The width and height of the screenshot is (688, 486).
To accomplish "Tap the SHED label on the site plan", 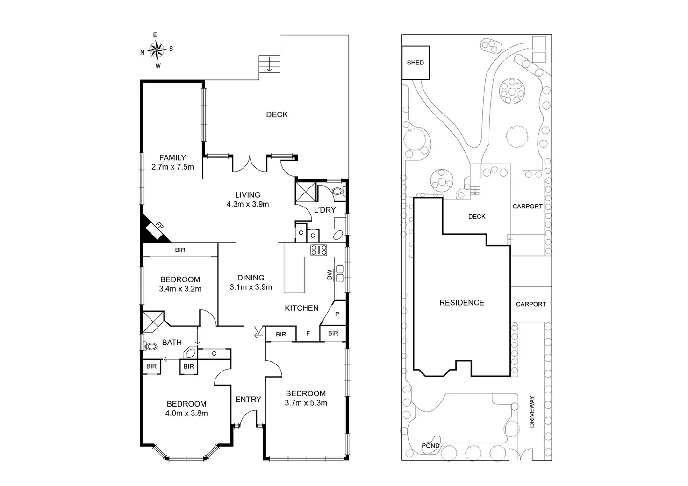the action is (x=415, y=63).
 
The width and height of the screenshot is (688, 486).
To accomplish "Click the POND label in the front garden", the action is (x=430, y=446).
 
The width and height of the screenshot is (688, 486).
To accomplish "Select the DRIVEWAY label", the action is (x=531, y=412).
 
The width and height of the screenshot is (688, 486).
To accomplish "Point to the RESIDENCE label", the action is (x=461, y=303).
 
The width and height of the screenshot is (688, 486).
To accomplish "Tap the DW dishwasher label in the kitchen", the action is (x=330, y=275).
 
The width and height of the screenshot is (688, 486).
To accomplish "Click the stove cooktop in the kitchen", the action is (x=319, y=250).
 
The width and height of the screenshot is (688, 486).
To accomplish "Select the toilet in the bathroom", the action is (x=150, y=346).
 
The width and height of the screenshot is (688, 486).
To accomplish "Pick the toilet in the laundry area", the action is (x=338, y=191).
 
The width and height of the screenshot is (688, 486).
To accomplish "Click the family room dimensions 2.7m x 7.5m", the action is (x=172, y=167).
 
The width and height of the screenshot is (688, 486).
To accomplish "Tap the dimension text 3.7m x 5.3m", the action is (x=306, y=403).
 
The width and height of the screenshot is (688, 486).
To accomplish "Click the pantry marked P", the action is (x=337, y=314).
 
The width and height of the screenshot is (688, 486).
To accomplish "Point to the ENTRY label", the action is (x=248, y=399).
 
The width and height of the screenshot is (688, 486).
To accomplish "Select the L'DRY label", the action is (x=325, y=210).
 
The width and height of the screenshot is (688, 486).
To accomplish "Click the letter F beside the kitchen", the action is (x=308, y=334).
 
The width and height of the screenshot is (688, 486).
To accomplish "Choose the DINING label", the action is (x=251, y=278).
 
